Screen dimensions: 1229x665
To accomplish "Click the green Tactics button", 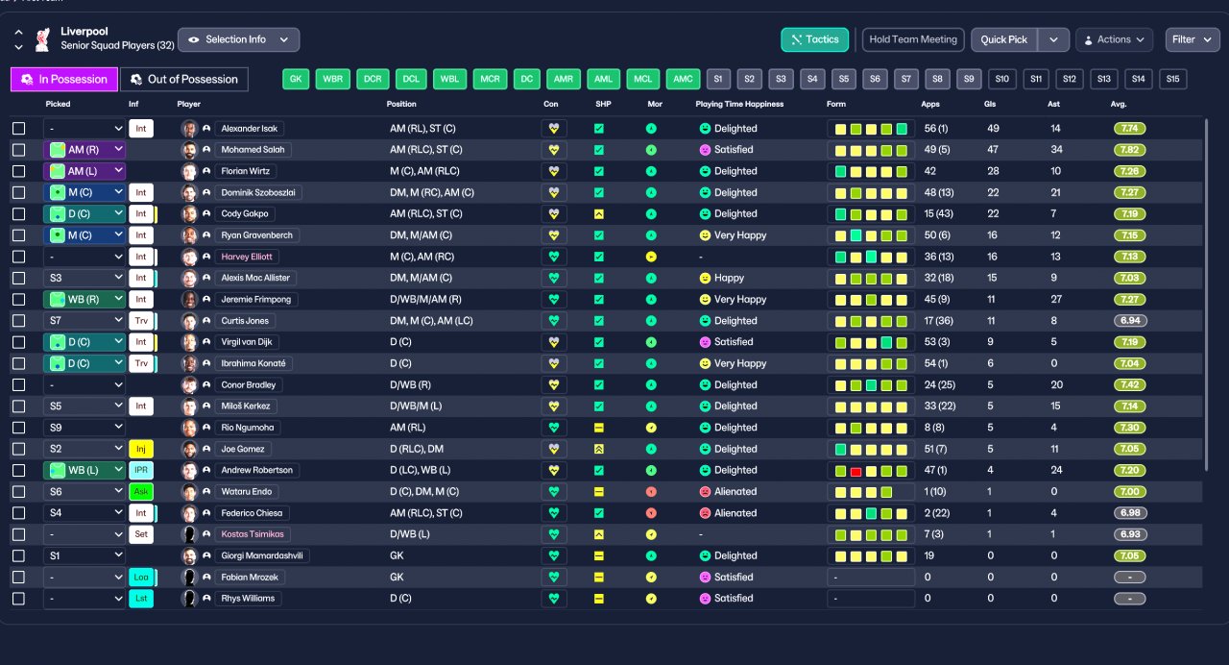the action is click(x=814, y=39).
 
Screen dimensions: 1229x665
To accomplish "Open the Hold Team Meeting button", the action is click(x=913, y=39).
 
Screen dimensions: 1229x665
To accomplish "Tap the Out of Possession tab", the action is click(x=183, y=79).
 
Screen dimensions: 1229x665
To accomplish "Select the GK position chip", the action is click(x=296, y=79).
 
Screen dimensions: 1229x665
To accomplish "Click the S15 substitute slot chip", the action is click(x=1173, y=79).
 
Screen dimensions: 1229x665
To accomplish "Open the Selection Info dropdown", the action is click(x=239, y=39).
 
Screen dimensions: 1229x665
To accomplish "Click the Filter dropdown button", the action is click(x=1193, y=39).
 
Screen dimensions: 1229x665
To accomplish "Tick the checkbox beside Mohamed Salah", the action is click(x=18, y=149).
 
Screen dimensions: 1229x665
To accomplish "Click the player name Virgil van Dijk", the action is click(x=247, y=342).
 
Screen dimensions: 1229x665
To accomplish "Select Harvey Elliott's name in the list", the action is click(x=247, y=257).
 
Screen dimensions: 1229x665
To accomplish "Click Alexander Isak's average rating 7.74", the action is click(x=1129, y=129).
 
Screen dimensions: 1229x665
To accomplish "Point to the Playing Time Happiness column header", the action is click(x=739, y=104).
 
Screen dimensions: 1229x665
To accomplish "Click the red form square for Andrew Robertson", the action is click(x=855, y=471).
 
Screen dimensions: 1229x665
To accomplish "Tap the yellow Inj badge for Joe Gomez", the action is click(x=141, y=449).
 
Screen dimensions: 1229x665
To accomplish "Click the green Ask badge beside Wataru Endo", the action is click(x=141, y=491).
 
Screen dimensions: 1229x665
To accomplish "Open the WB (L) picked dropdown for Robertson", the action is click(x=84, y=470).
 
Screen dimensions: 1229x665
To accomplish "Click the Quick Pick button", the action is click(x=1003, y=39).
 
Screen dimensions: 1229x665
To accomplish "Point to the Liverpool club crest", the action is click(x=42, y=39).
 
